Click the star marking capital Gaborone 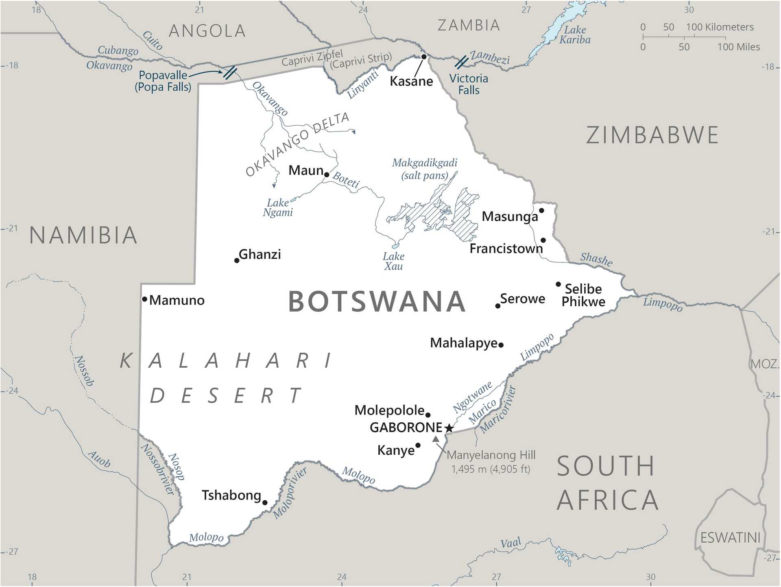click(449, 428)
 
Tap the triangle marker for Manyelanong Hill click(436, 439)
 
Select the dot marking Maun click(326, 175)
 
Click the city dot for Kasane click(423, 57)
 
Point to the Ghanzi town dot click(237, 260)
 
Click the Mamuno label click(177, 301)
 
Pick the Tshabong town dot click(265, 503)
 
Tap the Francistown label click(506, 249)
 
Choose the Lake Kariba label click(575, 35)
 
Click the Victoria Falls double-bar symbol click(461, 62)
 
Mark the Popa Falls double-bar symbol click(230, 72)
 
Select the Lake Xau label click(393, 262)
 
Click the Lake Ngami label click(278, 207)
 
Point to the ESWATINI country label click(730, 538)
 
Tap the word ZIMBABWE click(652, 135)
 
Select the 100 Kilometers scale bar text click(720, 27)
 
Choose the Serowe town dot click(497, 306)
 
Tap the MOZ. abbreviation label click(764, 364)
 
